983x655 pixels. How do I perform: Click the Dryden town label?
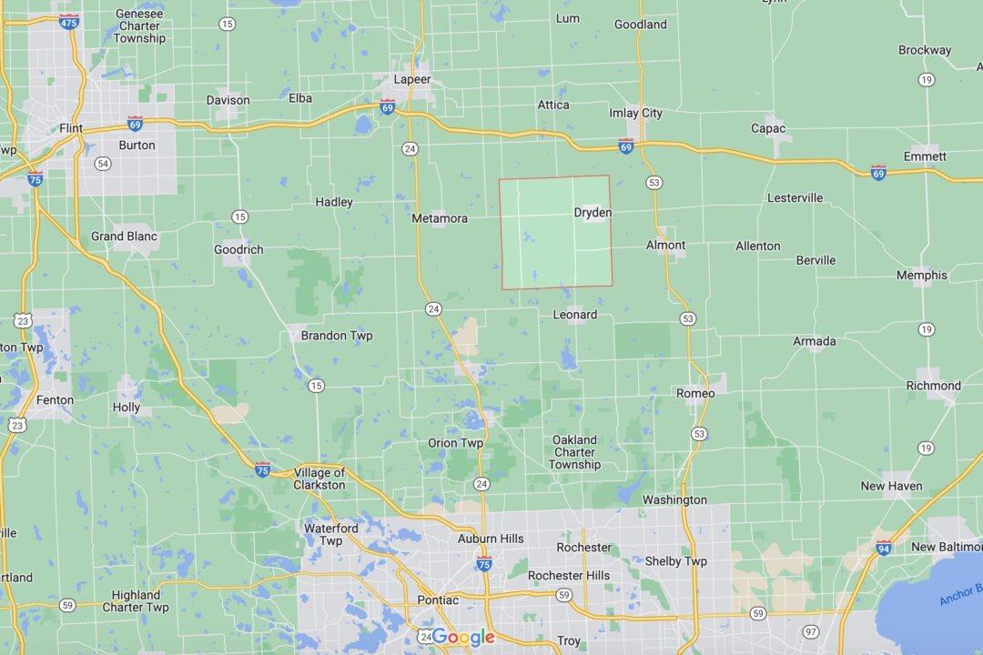pyautogui.click(x=593, y=213)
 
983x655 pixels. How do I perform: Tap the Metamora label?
pyautogui.click(x=440, y=218)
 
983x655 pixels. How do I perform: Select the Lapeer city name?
pyautogui.click(x=411, y=80)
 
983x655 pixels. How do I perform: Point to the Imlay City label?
pyautogui.click(x=635, y=114)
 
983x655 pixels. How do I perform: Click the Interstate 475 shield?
pyautogui.click(x=69, y=21)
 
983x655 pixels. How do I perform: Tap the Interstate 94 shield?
pyautogui.click(x=884, y=548)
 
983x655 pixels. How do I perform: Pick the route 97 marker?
pyautogui.click(x=811, y=631)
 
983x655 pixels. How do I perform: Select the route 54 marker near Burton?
pyautogui.click(x=103, y=164)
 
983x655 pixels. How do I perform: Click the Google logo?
pyautogui.click(x=462, y=637)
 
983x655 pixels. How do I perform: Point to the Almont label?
pyautogui.click(x=665, y=246)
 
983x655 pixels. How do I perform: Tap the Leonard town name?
pyautogui.click(x=575, y=315)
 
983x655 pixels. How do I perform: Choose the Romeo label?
pyautogui.click(x=695, y=393)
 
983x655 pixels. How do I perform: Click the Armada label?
pyautogui.click(x=814, y=342)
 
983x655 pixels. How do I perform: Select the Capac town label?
pyautogui.click(x=768, y=128)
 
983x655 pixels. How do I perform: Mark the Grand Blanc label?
pyautogui.click(x=124, y=237)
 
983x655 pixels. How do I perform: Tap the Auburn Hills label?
pyautogui.click(x=491, y=539)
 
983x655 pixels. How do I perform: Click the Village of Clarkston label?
pyautogui.click(x=319, y=479)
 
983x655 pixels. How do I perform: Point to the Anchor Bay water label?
pyautogui.click(x=960, y=596)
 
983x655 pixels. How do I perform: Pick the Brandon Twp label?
pyautogui.click(x=337, y=336)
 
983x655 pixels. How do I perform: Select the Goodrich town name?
pyautogui.click(x=238, y=249)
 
